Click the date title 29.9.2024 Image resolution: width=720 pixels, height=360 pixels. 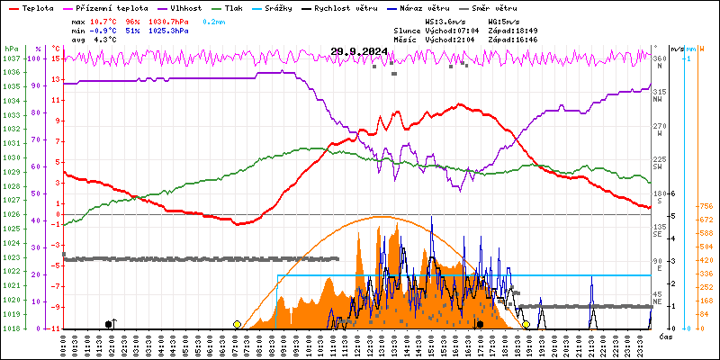click(359, 51)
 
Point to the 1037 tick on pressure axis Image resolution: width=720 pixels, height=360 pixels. click(11, 58)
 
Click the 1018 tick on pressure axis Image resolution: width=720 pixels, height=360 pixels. click(11, 328)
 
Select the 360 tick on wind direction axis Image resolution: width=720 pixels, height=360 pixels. click(659, 58)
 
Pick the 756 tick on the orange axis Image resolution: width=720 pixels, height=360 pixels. click(706, 206)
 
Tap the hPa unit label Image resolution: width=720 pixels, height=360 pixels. click(11, 49)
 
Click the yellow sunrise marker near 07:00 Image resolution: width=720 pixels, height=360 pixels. click(237, 324)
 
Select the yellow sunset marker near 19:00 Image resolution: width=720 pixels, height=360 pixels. click(526, 324)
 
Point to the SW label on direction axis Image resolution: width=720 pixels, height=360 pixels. click(658, 167)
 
